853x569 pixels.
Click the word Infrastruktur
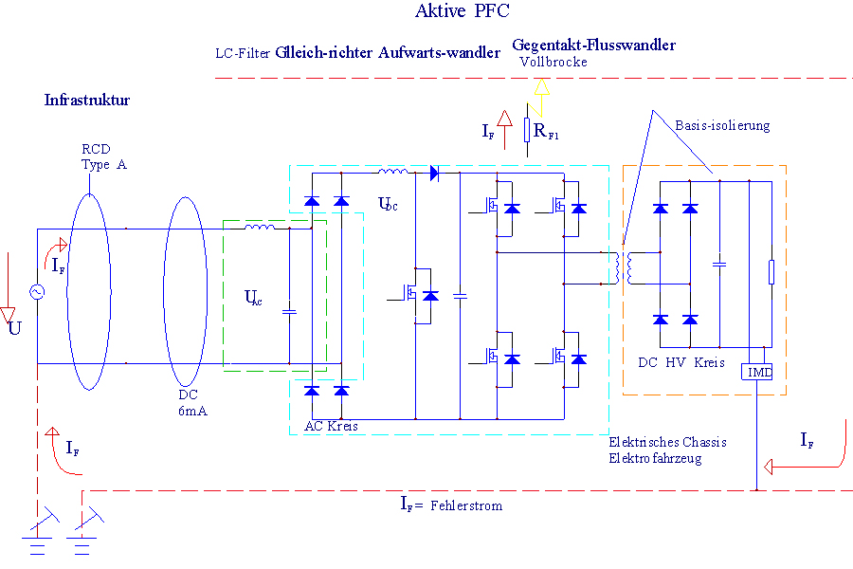tap(86, 100)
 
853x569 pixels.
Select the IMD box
tap(759, 373)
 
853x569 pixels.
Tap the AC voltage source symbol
tap(39, 293)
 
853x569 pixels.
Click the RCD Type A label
tap(103, 157)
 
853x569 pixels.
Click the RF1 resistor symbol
tap(527, 130)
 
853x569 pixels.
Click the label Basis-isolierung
tap(722, 125)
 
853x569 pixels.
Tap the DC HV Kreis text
tap(681, 362)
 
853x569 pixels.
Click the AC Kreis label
tap(331, 426)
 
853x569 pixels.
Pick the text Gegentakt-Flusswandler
tap(593, 45)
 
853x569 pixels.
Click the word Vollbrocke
tap(554, 62)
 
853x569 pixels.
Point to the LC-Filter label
tap(243, 53)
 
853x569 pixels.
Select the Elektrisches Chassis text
tap(657, 442)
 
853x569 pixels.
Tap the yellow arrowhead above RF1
tap(541, 88)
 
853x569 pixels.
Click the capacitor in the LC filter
tap(290, 310)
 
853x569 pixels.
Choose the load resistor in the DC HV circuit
tap(771, 272)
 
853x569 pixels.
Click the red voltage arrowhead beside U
tap(9, 314)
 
